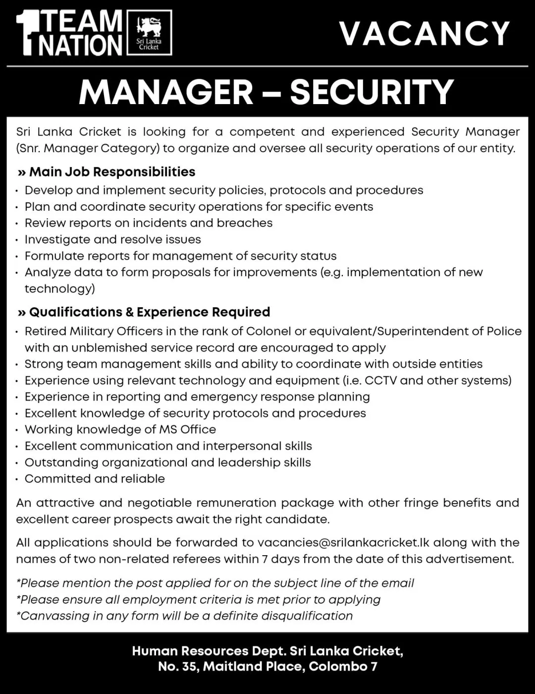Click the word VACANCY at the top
click(425, 34)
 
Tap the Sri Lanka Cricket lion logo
click(149, 33)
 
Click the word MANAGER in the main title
click(166, 92)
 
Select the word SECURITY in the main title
click(372, 92)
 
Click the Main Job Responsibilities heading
click(112, 172)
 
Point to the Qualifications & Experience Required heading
click(150, 312)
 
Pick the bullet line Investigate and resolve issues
click(113, 239)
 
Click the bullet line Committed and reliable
click(95, 478)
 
